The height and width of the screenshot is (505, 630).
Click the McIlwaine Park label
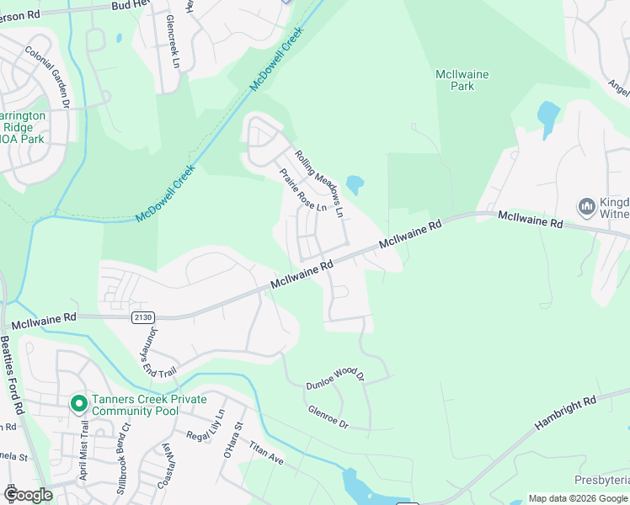(x=462, y=80)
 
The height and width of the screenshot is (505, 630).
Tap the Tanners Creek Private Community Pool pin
(x=78, y=404)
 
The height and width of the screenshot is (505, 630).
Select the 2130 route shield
(x=142, y=316)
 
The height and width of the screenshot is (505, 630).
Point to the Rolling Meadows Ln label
(x=319, y=183)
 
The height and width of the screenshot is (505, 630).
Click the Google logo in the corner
(x=28, y=495)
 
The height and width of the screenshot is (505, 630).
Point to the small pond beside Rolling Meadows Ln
(x=355, y=183)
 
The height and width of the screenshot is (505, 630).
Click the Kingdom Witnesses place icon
(x=587, y=205)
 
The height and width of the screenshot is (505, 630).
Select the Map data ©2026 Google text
(x=577, y=498)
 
